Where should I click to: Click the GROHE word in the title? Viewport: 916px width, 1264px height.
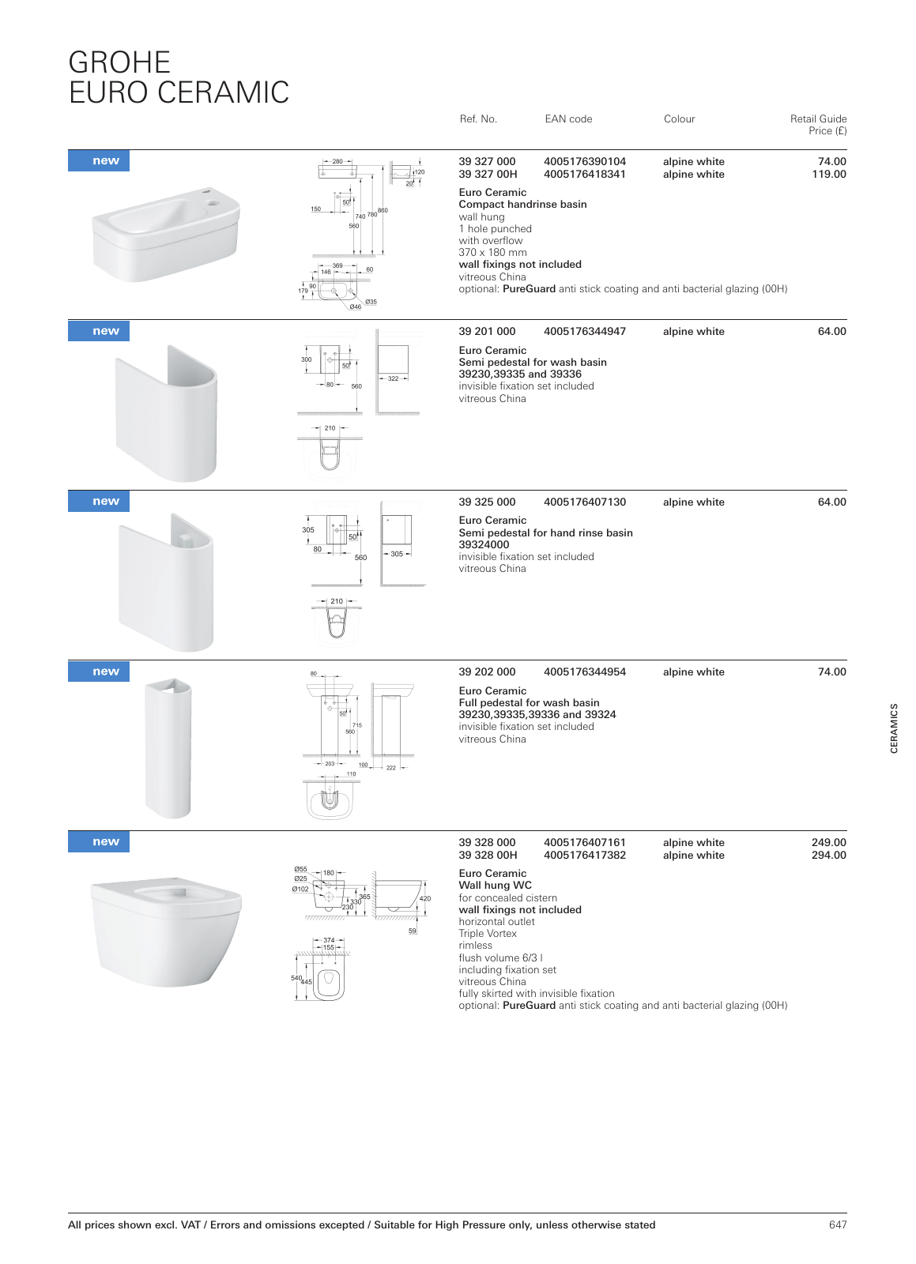click(119, 62)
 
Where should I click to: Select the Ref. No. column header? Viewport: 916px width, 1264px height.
click(478, 119)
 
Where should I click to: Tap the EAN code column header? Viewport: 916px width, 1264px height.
click(568, 119)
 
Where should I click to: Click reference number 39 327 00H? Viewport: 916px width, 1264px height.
click(488, 175)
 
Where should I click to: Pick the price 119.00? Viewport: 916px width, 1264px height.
click(828, 175)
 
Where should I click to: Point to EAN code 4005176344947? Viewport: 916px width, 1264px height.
click(584, 332)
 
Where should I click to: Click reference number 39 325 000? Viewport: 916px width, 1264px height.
click(487, 502)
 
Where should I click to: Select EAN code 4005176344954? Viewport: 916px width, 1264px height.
click(584, 672)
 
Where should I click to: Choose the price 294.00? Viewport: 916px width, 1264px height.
click(828, 856)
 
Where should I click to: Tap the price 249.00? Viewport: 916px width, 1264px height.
click(828, 843)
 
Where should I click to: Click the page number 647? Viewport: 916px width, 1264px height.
click(838, 1225)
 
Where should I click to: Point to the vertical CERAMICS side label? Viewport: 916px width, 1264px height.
click(894, 728)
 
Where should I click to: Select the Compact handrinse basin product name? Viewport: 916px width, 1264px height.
click(522, 205)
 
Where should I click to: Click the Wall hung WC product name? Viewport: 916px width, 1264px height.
click(495, 886)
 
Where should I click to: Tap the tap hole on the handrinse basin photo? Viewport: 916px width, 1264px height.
click(212, 203)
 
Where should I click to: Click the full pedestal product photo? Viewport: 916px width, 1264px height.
click(168, 747)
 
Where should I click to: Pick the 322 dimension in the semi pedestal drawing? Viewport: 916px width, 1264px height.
click(393, 378)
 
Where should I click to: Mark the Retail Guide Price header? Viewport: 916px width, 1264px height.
click(818, 125)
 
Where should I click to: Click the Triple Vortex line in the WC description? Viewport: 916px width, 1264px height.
click(488, 934)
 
